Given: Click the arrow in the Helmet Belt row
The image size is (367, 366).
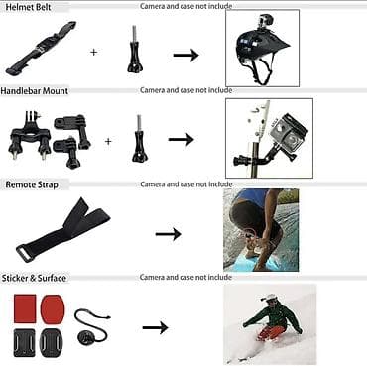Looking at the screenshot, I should pos(185,55).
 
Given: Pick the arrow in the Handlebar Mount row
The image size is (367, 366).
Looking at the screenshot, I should pos(181,140).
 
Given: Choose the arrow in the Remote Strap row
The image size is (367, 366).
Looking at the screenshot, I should pos(168,234).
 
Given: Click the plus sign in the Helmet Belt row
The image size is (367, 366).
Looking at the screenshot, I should pos(94,51).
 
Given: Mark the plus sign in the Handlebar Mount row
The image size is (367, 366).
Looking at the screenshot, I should pos(108,140).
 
